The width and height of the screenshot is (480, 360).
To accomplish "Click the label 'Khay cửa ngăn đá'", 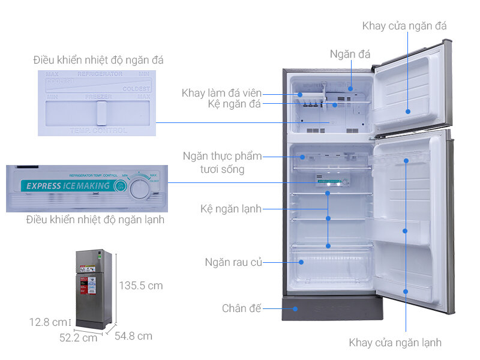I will click(x=404, y=26).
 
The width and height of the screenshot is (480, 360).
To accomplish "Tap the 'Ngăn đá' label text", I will click(x=350, y=54).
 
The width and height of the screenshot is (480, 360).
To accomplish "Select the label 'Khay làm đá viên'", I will click(x=221, y=93).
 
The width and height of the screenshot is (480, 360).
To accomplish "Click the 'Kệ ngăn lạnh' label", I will click(x=231, y=209).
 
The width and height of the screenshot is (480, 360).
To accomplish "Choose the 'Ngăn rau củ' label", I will click(x=233, y=262).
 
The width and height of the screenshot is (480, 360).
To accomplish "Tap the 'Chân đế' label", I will click(x=242, y=308).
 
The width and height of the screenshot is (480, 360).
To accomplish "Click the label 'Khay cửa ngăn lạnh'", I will click(x=395, y=343).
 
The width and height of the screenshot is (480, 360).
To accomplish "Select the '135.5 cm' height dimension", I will click(x=140, y=285).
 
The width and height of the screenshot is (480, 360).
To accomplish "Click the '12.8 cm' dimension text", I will click(x=49, y=322).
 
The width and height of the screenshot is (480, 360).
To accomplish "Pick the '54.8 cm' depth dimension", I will click(x=133, y=335).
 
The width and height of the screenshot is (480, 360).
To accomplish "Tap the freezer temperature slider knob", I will click(x=101, y=112).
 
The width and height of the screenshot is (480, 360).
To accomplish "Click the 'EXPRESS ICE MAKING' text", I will click(x=68, y=185).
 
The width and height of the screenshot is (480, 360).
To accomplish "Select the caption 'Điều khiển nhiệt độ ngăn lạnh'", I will click(x=95, y=220).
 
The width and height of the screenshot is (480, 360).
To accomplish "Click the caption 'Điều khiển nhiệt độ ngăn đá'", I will click(x=98, y=60).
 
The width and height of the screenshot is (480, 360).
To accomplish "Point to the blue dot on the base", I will click(x=295, y=309).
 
